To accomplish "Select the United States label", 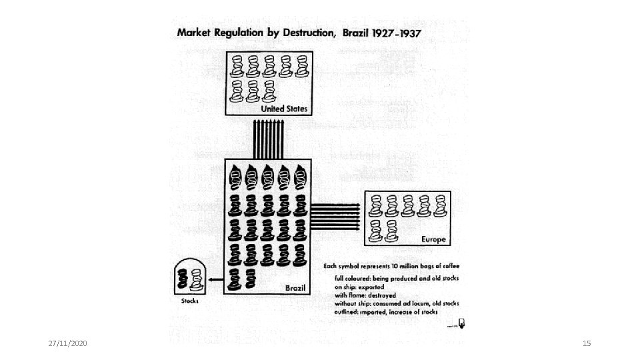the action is click(x=281, y=108).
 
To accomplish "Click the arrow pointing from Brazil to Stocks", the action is click(x=215, y=280).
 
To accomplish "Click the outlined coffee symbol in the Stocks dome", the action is click(x=196, y=279).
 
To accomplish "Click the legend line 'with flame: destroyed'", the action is click(x=365, y=295).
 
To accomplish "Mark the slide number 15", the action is click(x=587, y=343).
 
